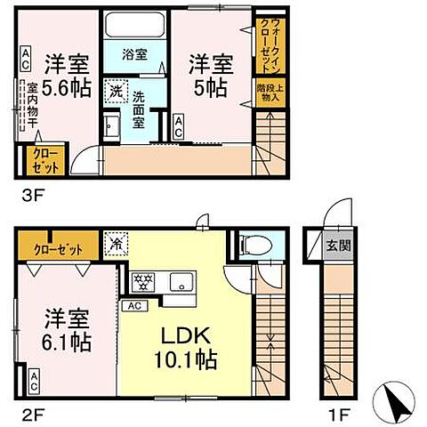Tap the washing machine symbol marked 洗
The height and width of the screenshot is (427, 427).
(116, 89)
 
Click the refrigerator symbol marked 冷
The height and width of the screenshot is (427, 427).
(116, 240)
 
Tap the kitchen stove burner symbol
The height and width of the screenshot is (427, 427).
(141, 283)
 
